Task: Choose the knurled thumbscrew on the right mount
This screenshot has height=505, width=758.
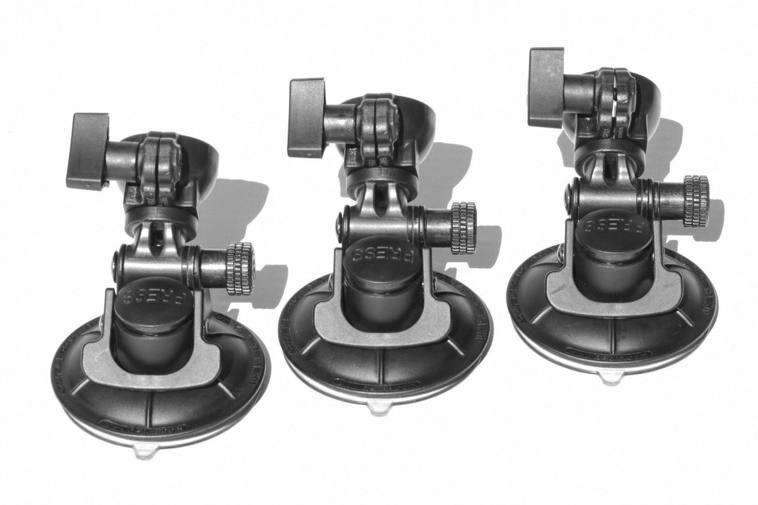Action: coord(696,201)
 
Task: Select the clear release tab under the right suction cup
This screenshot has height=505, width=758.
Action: coord(610,377)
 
